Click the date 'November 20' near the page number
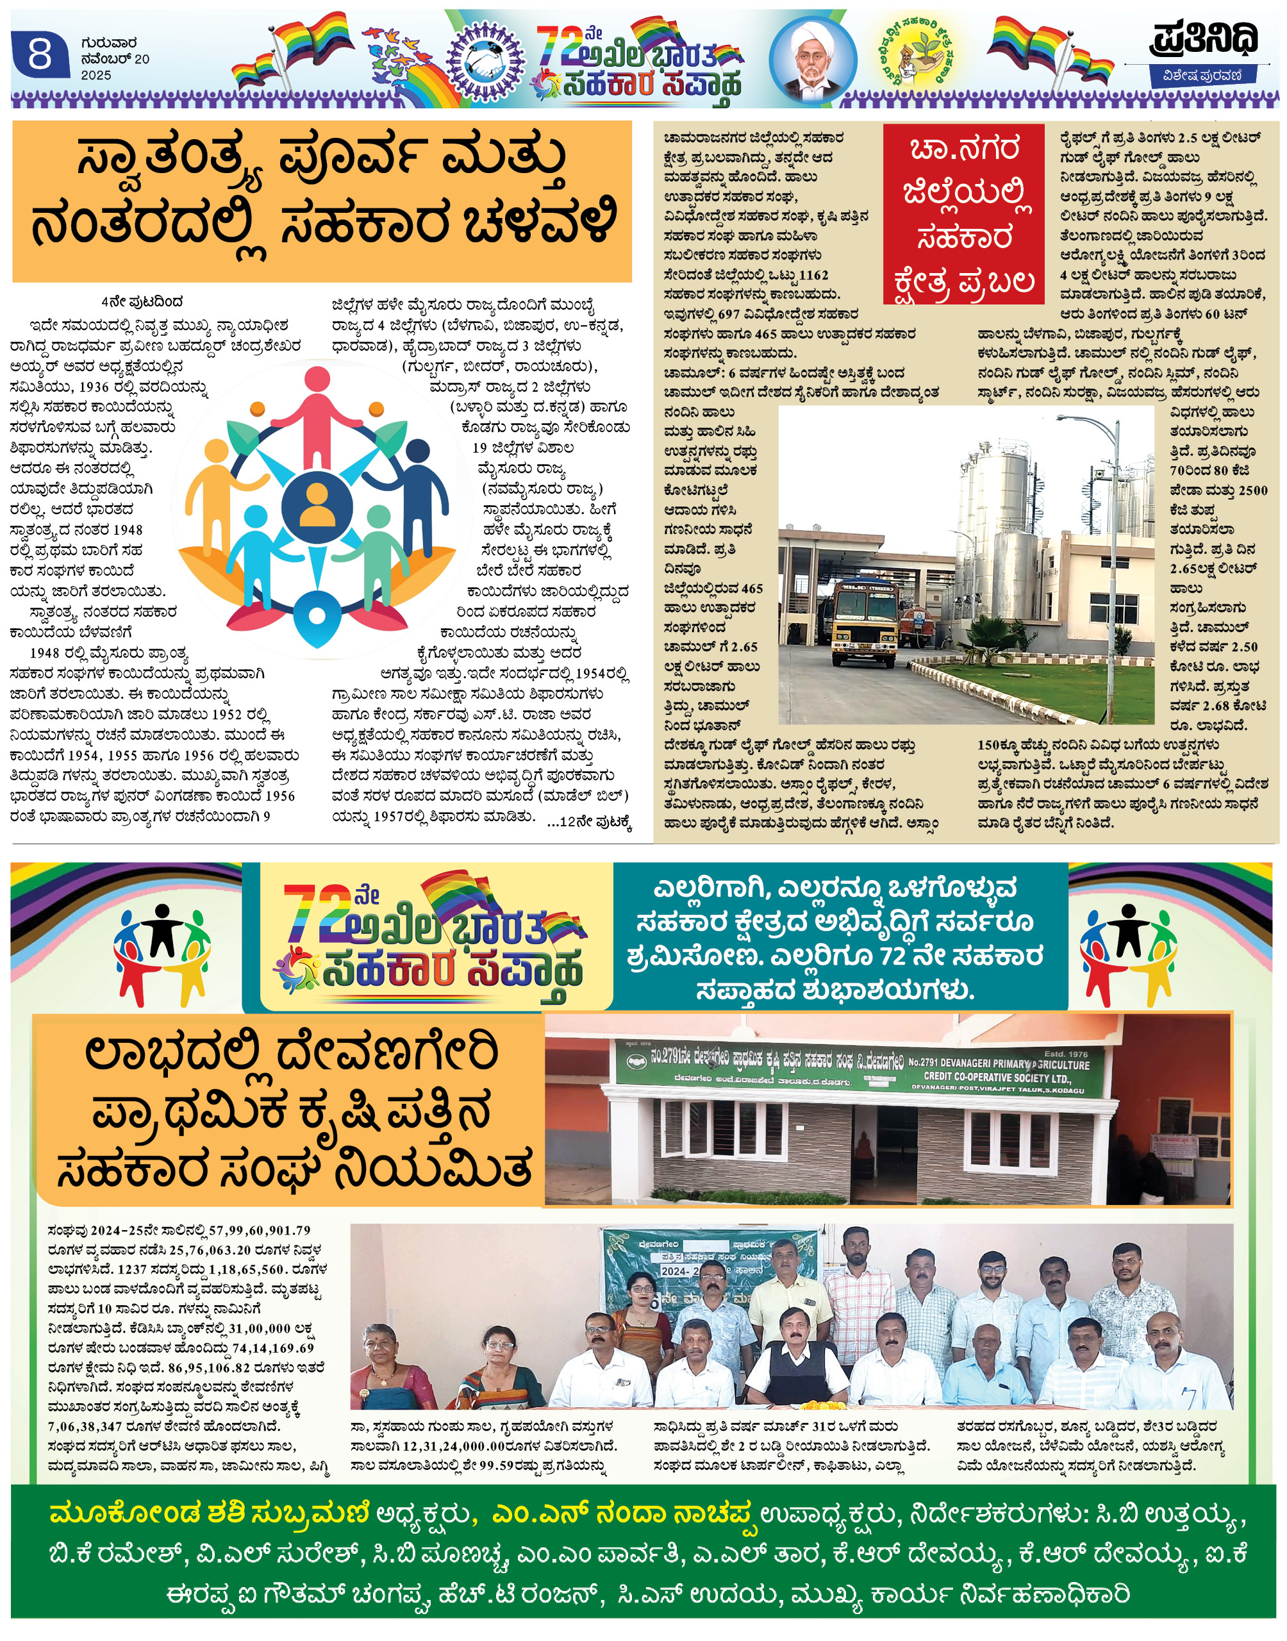115,60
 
